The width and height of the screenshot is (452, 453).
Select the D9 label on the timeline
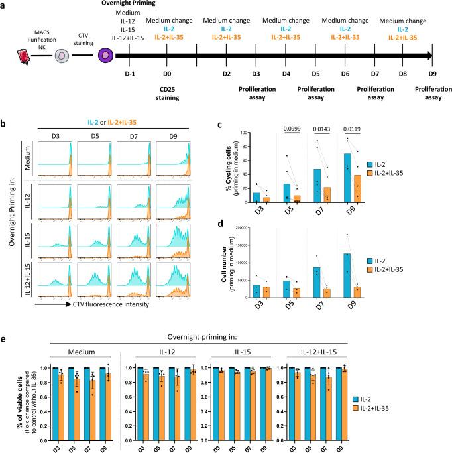coord(432,73)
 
